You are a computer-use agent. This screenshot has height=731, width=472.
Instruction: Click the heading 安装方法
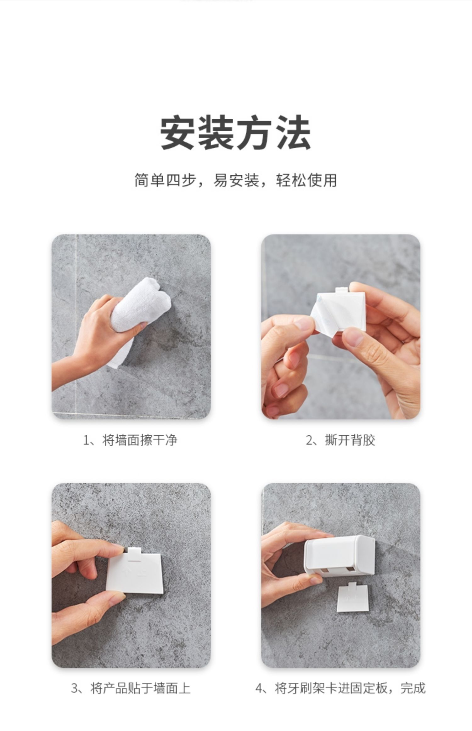[236, 132]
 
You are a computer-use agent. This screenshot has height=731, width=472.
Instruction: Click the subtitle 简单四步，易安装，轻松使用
[236, 180]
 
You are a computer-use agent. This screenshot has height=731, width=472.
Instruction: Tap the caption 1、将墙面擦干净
[130, 440]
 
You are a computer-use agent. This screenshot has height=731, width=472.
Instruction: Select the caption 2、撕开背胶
[340, 440]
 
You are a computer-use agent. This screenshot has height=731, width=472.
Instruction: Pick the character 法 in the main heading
[293, 132]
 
